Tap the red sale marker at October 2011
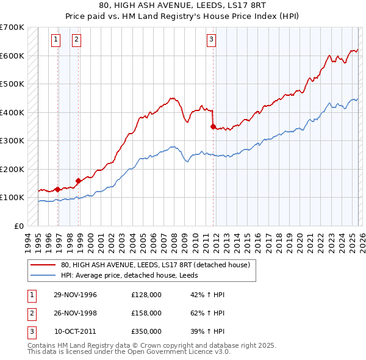click(x=213, y=127)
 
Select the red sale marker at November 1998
click(x=78, y=181)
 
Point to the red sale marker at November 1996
click(x=57, y=189)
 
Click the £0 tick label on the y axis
click(x=19, y=226)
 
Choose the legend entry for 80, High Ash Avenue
click(x=155, y=265)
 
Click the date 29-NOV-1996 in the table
click(x=75, y=295)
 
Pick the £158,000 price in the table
click(x=146, y=313)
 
